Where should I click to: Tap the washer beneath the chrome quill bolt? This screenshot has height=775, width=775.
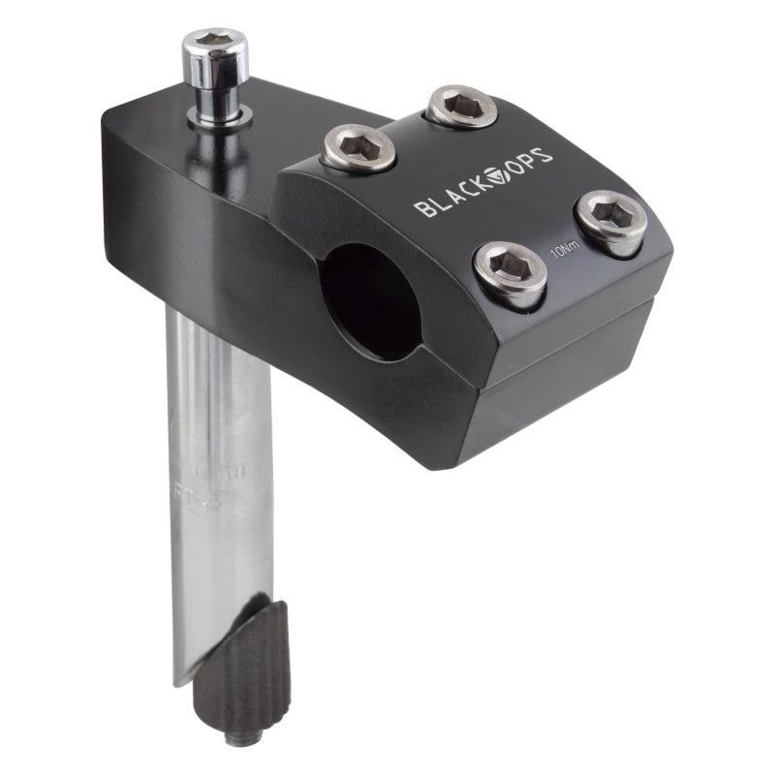tap(220, 117)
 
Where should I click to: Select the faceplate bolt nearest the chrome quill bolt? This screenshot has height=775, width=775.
tap(358, 147)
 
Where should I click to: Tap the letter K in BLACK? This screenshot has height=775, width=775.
tap(482, 188)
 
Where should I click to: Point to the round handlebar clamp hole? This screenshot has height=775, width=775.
tap(370, 299)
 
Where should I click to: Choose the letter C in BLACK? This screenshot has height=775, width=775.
tap(467, 193)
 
